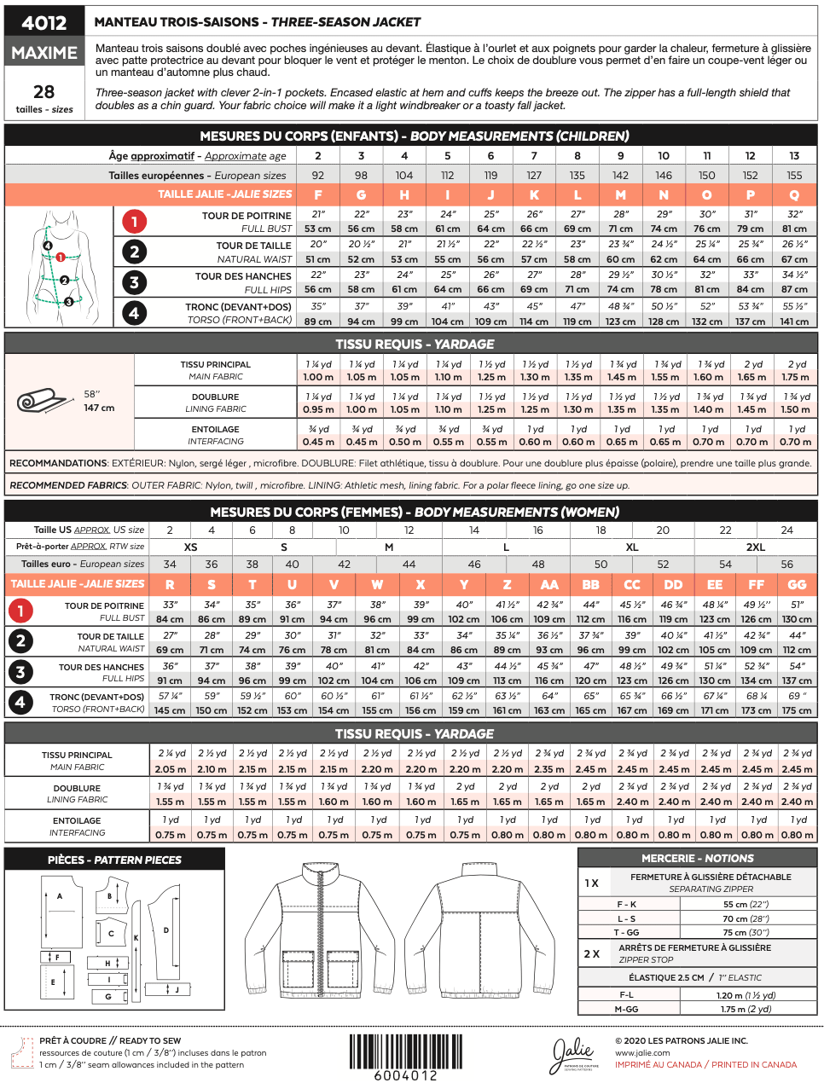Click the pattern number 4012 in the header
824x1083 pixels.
tap(44, 23)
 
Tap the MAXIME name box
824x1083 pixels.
tap(44, 53)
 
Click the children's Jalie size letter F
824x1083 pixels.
tap(318, 194)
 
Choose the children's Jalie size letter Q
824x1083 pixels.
tap(794, 194)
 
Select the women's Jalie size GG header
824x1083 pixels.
tap(797, 584)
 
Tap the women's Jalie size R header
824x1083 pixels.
tap(170, 584)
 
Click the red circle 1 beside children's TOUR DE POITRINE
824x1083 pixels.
tap(134, 222)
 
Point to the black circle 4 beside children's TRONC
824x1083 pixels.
tap(134, 313)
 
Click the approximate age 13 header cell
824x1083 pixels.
tap(794, 156)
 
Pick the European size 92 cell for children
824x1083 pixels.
tap(318, 175)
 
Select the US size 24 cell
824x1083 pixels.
tap(786, 530)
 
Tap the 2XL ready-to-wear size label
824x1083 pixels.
tap(756, 547)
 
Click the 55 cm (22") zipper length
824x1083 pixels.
tap(746, 904)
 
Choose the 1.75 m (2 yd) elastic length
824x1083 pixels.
tap(746, 1009)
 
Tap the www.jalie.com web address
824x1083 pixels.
tap(642, 1053)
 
